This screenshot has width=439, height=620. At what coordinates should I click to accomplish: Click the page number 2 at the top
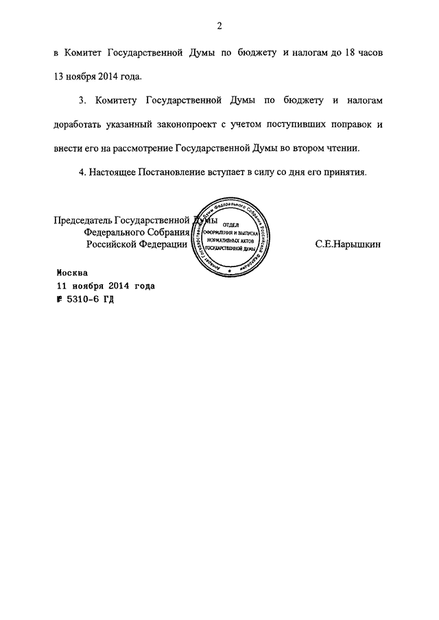click(219, 27)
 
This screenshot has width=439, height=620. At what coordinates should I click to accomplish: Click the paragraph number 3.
click(82, 101)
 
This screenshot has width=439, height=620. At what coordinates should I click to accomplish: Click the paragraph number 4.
click(82, 172)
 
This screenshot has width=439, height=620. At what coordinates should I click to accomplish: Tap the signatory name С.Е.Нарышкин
click(348, 243)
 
